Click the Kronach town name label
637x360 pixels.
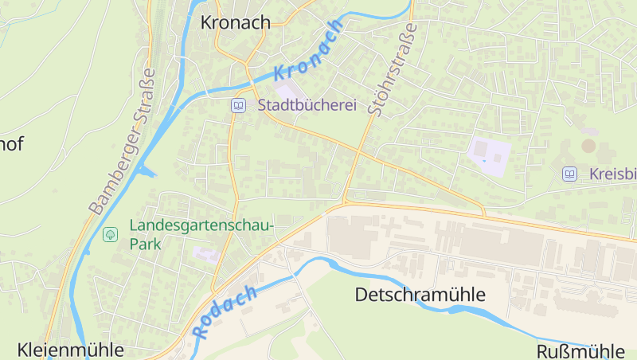point(236,22)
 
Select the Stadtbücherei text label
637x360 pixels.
point(307,105)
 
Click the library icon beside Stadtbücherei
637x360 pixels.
point(238,105)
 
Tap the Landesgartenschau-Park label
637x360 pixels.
point(201,234)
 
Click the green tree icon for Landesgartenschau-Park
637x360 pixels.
point(110,234)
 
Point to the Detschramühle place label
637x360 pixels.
point(420,295)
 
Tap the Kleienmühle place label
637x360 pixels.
point(70,350)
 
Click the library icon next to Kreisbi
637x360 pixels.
point(569,174)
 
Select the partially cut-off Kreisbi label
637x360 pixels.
point(612,174)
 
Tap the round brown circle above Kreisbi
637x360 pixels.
point(588,146)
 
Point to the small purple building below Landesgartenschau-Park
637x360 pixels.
point(205,254)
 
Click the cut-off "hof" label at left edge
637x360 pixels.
point(11,144)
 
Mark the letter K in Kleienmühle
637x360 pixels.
point(23,350)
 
